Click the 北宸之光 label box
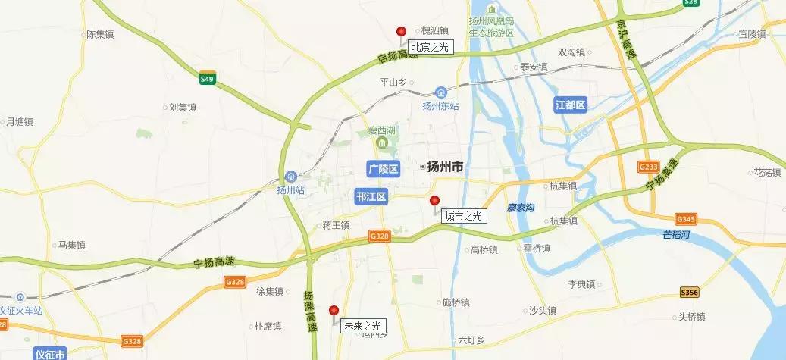430,48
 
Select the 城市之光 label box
464,216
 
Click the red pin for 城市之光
434,201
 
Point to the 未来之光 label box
363,326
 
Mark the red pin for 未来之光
334,310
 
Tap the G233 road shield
627,166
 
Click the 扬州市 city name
445,167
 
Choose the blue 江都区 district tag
570,105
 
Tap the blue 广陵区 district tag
382,168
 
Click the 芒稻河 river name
678,235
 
